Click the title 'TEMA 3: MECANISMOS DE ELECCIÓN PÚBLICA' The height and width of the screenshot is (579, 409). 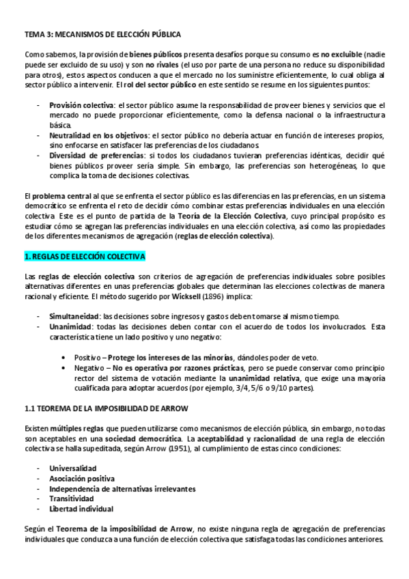103,33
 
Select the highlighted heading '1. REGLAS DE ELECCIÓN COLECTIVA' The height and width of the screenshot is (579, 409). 85,256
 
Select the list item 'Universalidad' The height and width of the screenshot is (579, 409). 72,468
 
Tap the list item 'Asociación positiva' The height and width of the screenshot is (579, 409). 82,479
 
